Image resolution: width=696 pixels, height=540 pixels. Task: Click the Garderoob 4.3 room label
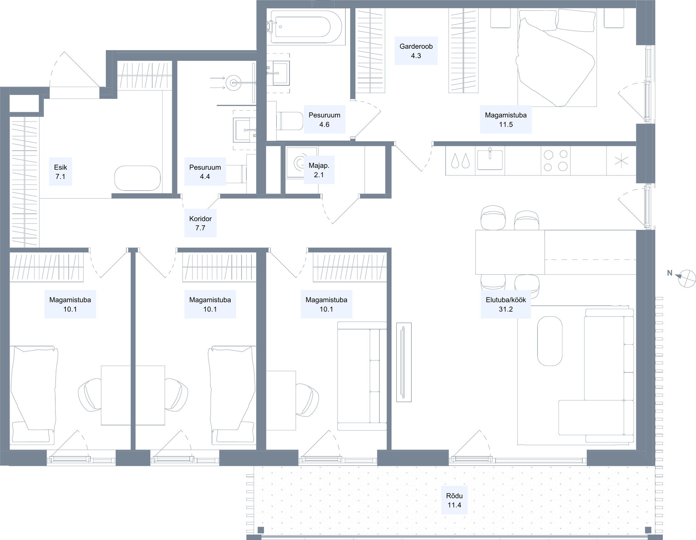coord(416,51)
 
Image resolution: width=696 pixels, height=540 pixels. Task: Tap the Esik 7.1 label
coord(61,172)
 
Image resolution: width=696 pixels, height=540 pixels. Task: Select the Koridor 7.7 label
coord(200,223)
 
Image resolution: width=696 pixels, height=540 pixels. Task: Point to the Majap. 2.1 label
coord(319,170)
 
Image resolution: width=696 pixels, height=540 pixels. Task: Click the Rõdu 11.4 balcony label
coord(454,500)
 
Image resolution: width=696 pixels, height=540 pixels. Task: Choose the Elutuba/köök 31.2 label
coord(506,304)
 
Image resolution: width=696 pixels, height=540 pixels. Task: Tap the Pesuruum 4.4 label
coord(205,172)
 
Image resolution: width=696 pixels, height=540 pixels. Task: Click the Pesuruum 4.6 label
coord(324,119)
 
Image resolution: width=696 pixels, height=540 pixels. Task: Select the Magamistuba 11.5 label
coord(506,119)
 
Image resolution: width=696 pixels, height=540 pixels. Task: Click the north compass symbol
coord(687,279)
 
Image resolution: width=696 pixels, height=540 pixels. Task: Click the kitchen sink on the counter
coord(490,160)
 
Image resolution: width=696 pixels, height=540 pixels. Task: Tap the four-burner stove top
coord(555,161)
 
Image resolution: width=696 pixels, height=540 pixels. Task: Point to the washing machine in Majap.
coord(302,162)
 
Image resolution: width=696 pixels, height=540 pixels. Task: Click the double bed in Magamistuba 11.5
coord(557,57)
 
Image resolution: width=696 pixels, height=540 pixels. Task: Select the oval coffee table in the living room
coord(550,341)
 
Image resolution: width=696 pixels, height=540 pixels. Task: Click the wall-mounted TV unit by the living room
coord(404,362)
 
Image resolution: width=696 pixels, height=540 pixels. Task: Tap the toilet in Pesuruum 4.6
coord(290,121)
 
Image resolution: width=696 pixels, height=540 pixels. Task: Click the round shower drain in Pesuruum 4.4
coord(233,83)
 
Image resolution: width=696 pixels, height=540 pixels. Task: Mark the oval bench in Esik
coord(137,178)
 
